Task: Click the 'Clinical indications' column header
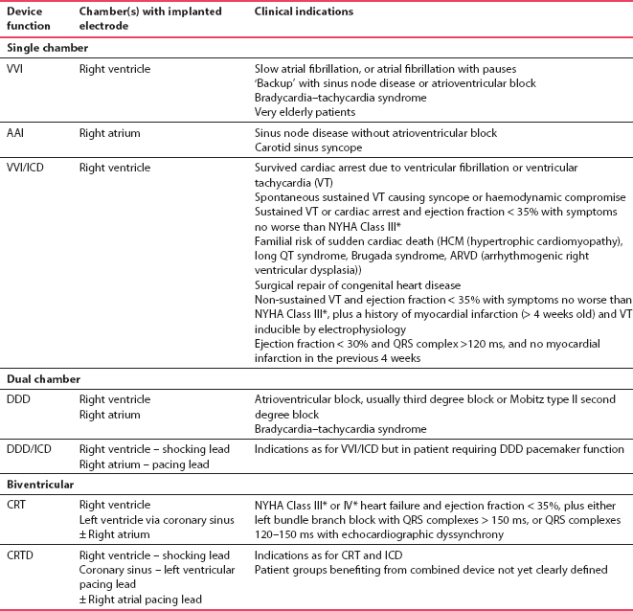pos(303,12)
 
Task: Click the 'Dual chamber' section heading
pos(41,378)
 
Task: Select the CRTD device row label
pos(22,555)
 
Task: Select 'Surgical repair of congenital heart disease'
pos(357,285)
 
